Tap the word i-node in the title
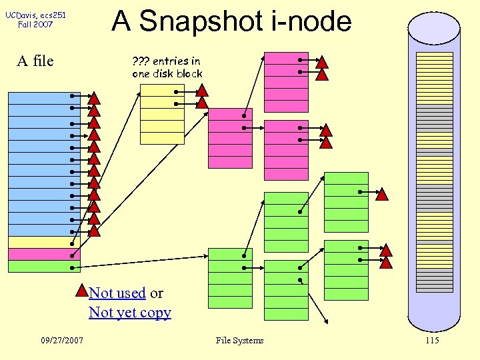pos(312,21)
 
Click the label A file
pos(35,61)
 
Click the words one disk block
pos(167,74)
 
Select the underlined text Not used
pos(117,293)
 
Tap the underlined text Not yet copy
pos(130,313)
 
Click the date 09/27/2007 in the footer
pos(61,341)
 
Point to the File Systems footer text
pos(239,341)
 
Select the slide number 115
pos(431,341)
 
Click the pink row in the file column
pos(43,255)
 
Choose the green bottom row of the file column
pos(43,267)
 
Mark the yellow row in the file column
pos(43,243)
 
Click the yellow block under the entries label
pos(162,114)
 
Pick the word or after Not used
pos(156,293)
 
